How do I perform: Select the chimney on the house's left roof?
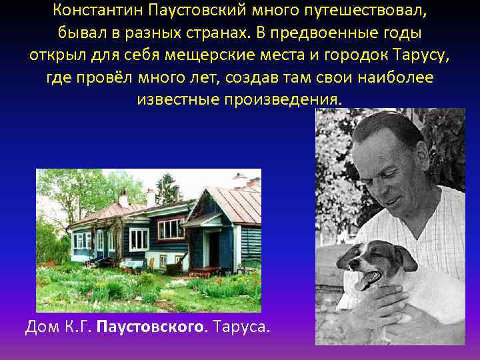pyautogui.click(x=123, y=198)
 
